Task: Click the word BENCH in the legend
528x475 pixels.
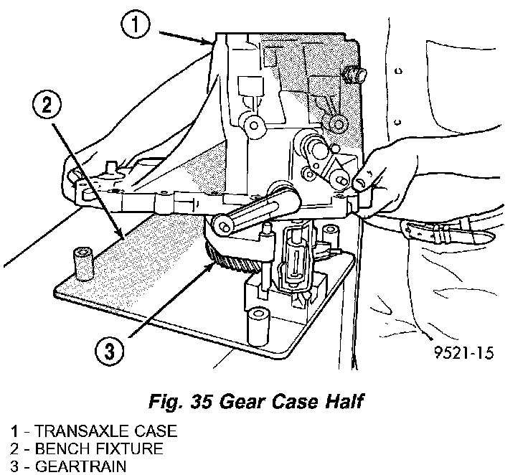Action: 57,449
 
